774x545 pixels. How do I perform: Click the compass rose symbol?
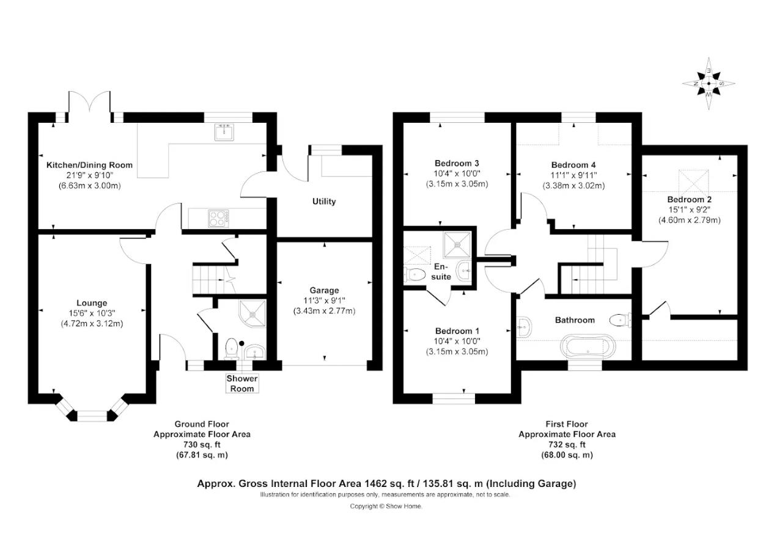click(709, 84)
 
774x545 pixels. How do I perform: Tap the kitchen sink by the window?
click(224, 132)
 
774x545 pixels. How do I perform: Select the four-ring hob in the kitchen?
click(219, 219)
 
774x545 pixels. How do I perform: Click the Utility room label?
click(324, 202)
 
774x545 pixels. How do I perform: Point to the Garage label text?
click(324, 290)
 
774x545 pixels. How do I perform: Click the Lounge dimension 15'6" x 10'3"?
click(92, 313)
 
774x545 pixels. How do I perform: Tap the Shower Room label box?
click(242, 383)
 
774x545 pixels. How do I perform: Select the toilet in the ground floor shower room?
click(232, 348)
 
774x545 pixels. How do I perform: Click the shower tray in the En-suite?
click(457, 245)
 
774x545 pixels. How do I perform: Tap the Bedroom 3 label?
click(457, 163)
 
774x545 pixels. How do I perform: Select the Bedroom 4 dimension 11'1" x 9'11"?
click(573, 175)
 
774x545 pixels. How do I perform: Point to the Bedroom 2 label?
click(690, 199)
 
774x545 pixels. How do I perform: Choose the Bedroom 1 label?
click(457, 331)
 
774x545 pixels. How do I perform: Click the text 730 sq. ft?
click(202, 445)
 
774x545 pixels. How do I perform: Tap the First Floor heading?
click(567, 424)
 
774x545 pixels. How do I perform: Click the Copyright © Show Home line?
click(386, 507)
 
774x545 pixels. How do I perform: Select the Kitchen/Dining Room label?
click(89, 165)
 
